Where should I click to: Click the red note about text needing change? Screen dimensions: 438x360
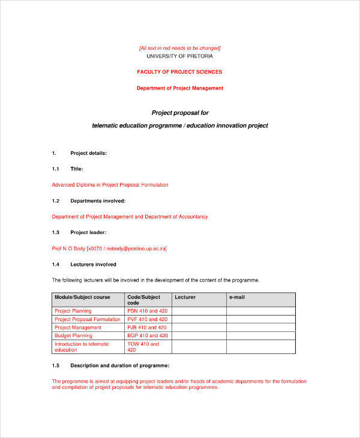click(179, 48)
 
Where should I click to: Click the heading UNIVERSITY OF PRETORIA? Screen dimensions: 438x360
click(179, 56)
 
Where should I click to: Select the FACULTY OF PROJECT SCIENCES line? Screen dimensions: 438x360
click(179, 72)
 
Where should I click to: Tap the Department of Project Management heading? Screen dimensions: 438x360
click(179, 88)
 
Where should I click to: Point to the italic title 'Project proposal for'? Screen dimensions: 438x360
click(179, 113)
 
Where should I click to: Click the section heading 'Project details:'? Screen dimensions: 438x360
click(88, 153)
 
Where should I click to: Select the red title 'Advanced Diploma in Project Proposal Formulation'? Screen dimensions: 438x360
click(110, 185)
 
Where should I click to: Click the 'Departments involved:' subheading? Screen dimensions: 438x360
click(98, 200)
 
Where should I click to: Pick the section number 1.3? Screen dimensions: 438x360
click(56, 232)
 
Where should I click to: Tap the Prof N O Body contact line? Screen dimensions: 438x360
click(109, 248)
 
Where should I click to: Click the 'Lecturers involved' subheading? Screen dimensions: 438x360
click(93, 264)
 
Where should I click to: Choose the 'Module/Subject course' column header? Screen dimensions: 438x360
click(82, 298)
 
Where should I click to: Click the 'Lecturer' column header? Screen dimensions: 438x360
click(185, 298)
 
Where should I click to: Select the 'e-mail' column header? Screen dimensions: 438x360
click(236, 298)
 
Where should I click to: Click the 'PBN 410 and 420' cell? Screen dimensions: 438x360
click(147, 311)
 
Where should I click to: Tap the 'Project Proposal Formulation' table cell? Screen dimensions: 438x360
click(87, 319)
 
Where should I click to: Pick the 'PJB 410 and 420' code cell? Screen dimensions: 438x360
click(147, 328)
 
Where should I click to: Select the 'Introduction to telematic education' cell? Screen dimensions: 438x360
click(82, 347)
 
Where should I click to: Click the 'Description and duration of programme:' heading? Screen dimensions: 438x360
click(119, 365)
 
